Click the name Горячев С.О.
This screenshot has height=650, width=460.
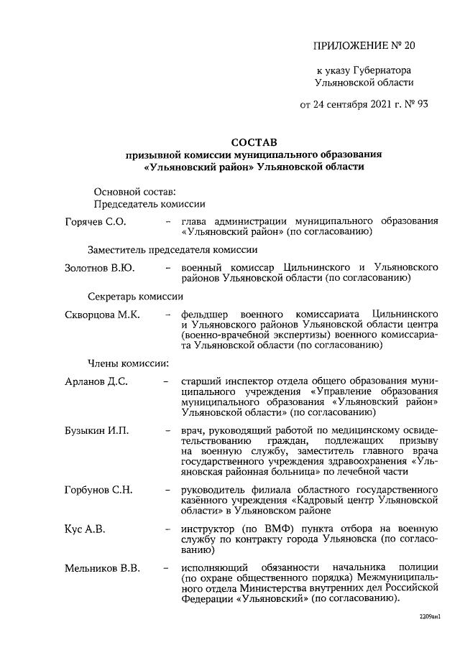pos(96,222)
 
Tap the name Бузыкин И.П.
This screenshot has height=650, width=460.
pos(97,430)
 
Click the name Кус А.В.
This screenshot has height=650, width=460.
pos(85,529)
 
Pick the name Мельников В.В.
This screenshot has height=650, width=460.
pos(102,568)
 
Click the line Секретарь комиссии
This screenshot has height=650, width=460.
pos(135,296)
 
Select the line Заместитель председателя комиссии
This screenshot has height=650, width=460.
pos(172,249)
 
